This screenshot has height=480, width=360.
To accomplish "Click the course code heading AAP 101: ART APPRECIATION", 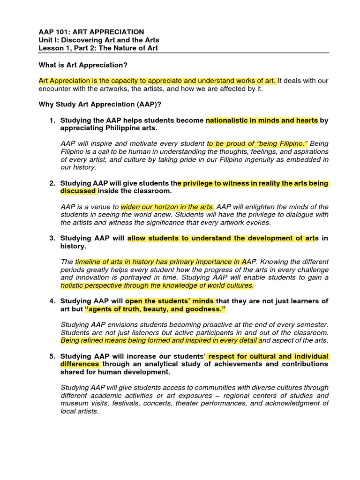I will coord(91,32).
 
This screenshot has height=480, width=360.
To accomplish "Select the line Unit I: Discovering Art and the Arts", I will coord(98,40).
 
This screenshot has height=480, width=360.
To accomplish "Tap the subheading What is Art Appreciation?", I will coord(82,65).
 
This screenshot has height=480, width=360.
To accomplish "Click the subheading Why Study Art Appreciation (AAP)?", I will coord(100,104).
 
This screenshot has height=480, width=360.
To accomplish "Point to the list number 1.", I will coord(52,120).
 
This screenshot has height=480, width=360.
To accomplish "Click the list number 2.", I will coord(52,183).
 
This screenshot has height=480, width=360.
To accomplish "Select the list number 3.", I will coord(52,238).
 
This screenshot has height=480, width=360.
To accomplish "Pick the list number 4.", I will coord(52,301).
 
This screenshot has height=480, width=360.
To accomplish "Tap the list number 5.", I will coord(52,356).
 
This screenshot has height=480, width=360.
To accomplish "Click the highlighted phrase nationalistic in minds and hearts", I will coord(262,120).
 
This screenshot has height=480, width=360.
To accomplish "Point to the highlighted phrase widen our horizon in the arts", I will coord(167,207).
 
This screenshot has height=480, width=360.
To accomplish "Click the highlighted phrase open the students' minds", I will coord(170,301).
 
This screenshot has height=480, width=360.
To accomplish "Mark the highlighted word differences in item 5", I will coord(80,364).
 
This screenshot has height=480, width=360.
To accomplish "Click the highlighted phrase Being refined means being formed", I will coord(117,340).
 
